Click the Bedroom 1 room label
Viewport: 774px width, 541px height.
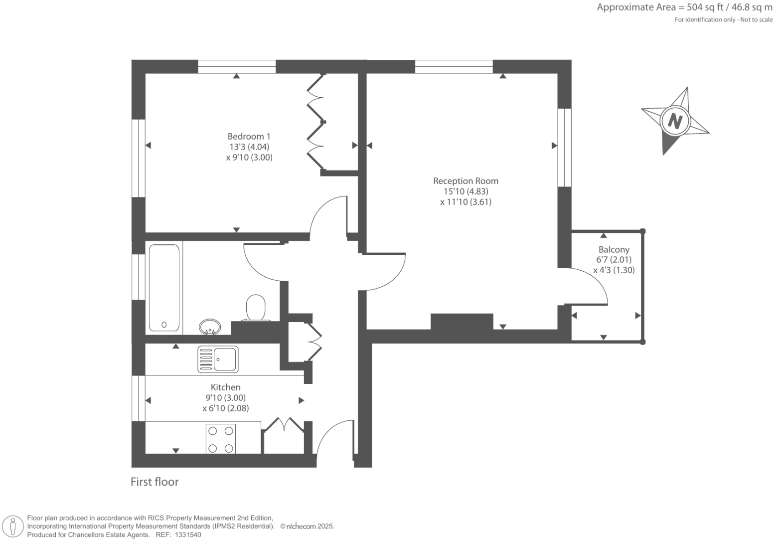click(x=249, y=137)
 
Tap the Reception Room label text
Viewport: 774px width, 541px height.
click(x=465, y=181)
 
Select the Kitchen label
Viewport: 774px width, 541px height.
click(x=225, y=387)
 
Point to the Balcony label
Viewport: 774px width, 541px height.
click(x=614, y=250)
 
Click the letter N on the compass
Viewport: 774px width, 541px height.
click(x=675, y=121)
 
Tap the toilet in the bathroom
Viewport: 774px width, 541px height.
click(x=256, y=308)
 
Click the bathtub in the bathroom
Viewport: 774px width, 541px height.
click(x=164, y=288)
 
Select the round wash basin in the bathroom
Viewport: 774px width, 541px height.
click(x=210, y=327)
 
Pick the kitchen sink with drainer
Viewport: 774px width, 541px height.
click(x=218, y=360)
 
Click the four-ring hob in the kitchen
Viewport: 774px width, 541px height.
click(x=221, y=439)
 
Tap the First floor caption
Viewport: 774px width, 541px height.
click(x=155, y=482)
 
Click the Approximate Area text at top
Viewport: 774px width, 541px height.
click(x=684, y=7)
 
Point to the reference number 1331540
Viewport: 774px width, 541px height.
click(x=188, y=535)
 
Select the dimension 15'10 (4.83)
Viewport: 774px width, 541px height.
click(x=465, y=191)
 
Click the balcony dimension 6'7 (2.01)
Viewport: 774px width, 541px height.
click(x=614, y=260)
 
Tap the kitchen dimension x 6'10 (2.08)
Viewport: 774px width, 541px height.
click(x=225, y=408)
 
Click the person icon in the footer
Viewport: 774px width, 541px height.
click(x=13, y=527)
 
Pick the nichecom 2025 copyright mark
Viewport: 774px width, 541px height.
click(x=307, y=527)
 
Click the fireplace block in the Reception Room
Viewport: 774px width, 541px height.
click(x=462, y=322)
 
